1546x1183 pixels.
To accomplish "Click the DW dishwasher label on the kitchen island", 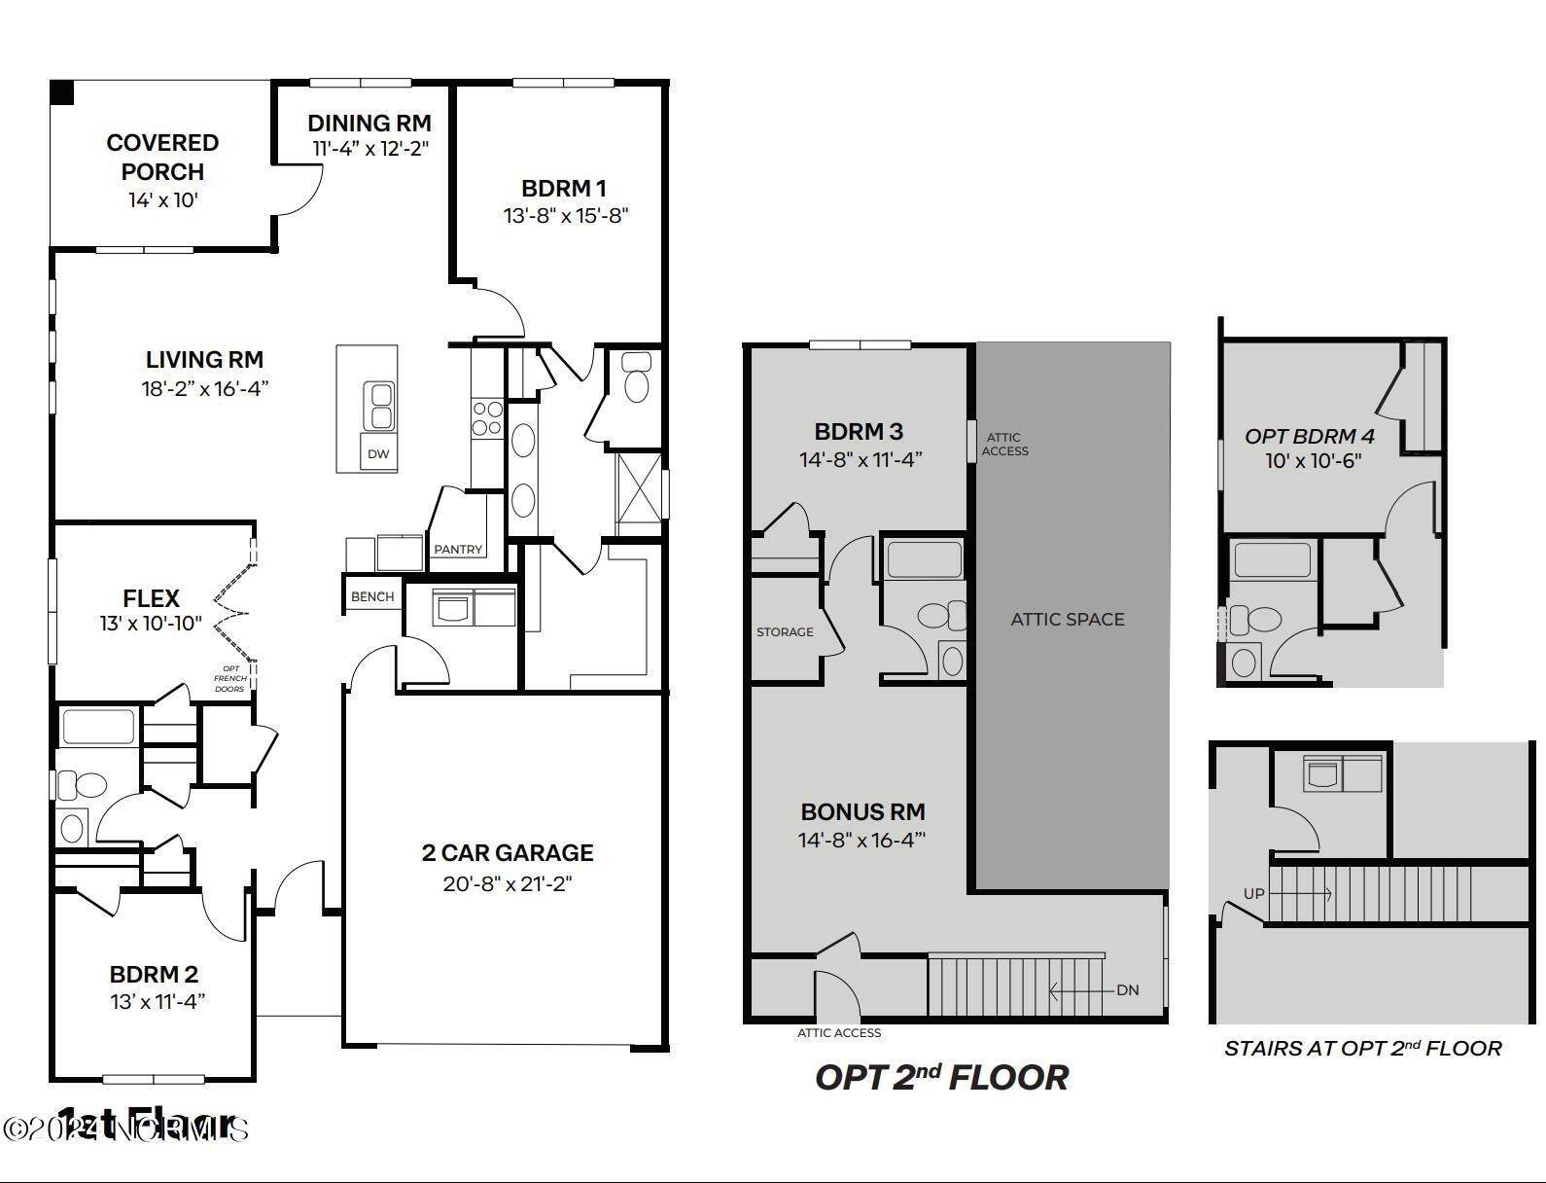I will (378, 454).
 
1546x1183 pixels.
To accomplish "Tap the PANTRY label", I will (458, 550).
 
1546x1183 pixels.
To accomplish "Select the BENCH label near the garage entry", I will (372, 596).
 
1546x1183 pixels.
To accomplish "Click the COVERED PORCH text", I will (162, 157).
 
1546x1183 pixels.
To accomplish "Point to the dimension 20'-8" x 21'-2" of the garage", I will (507, 883).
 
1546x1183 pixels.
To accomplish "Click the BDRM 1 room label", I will (564, 188).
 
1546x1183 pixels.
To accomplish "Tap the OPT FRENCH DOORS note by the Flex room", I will (231, 679).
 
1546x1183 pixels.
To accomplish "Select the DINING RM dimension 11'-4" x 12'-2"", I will (370, 149).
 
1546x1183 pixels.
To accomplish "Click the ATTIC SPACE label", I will (1067, 619).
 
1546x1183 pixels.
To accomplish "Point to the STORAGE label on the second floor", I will (785, 632).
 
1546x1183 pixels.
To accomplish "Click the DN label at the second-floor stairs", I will (1127, 990).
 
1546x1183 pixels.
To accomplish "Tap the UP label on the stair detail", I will (1253, 893).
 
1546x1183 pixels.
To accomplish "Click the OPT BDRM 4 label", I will (1309, 436).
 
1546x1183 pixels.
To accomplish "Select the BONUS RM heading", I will (862, 811).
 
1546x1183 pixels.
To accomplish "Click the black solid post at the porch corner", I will (62, 92).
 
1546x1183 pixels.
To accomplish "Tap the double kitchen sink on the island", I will (378, 406).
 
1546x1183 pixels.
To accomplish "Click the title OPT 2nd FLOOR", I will (941, 1077).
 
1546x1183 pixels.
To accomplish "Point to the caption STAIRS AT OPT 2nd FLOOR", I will (1362, 1049).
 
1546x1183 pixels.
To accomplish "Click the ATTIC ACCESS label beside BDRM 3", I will (1004, 445).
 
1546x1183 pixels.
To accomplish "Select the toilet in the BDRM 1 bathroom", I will (637, 377).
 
